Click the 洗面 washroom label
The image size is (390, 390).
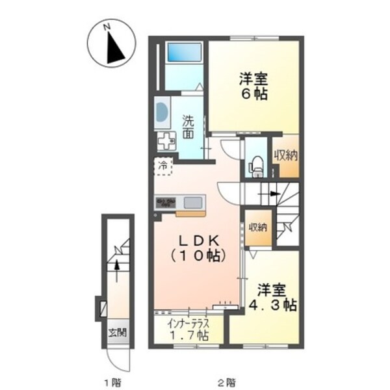(188, 127)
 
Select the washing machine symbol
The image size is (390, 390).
(166, 140)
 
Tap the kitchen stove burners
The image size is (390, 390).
(165, 202)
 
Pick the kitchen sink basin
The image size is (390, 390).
(192, 202)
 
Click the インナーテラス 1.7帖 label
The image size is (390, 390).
(188, 330)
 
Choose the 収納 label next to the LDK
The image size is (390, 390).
(257, 227)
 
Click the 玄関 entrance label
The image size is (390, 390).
(117, 333)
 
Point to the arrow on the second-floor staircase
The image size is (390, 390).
(273, 193)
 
